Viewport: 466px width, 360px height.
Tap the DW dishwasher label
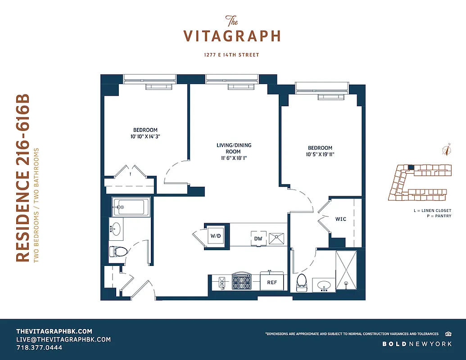[x=258, y=238]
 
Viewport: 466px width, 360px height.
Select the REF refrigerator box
[x=272, y=283]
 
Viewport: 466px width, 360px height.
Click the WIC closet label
[x=340, y=219]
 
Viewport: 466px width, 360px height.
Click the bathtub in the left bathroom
[x=130, y=207]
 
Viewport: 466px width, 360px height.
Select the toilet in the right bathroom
[x=301, y=282]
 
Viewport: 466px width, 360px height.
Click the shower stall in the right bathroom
[x=346, y=270]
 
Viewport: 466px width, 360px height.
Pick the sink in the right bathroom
[x=323, y=285]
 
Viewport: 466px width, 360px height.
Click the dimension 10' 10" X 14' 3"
[x=145, y=137]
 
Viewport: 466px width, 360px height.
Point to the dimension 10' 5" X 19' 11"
[x=320, y=154]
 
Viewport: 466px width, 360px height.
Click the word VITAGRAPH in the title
[x=232, y=36]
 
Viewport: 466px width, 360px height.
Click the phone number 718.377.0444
[x=39, y=347]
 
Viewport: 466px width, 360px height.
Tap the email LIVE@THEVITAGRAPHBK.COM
[x=63, y=339]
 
